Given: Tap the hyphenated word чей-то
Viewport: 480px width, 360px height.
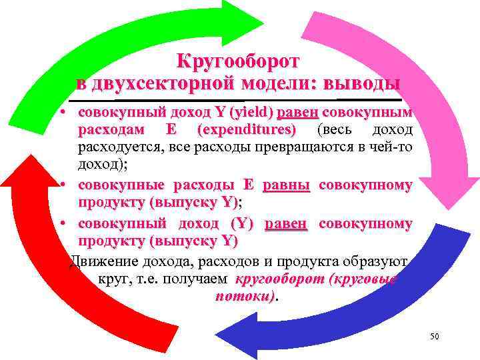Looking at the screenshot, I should (x=393, y=145).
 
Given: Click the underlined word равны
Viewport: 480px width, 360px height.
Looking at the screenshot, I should (x=287, y=184).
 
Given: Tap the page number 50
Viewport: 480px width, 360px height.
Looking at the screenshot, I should (x=435, y=337).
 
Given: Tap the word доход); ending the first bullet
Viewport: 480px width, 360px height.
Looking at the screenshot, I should (x=100, y=161).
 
